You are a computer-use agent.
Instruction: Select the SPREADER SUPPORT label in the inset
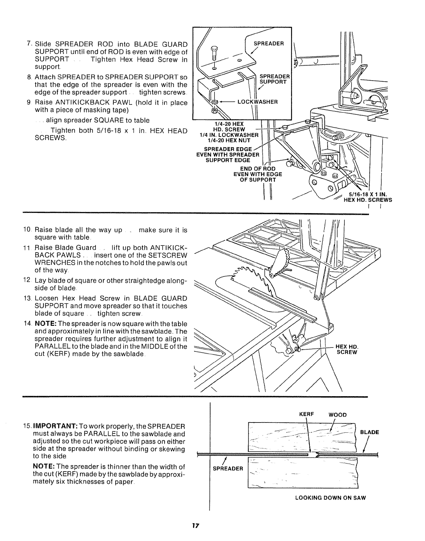(x=275, y=79)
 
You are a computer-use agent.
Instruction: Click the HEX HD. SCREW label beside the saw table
(x=347, y=350)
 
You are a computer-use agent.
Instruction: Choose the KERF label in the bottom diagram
(x=304, y=414)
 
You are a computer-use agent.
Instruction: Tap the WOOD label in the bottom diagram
(x=338, y=415)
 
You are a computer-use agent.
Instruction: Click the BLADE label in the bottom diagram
(x=370, y=432)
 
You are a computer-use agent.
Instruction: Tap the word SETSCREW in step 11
(x=169, y=256)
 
